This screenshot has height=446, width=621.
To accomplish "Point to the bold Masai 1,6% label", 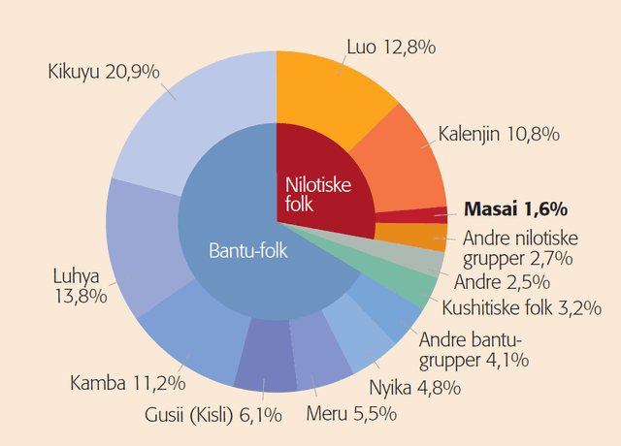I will [x=515, y=207].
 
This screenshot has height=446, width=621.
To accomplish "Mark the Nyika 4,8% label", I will [x=414, y=388].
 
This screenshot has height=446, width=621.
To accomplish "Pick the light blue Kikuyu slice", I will [x=194, y=107].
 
